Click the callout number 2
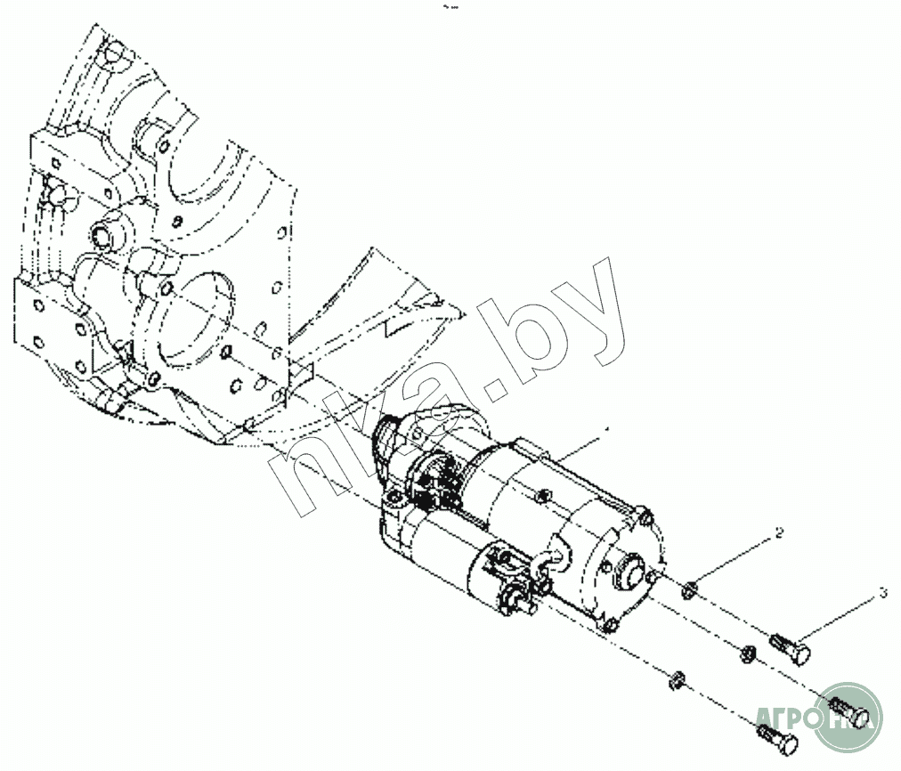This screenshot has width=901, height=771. [x=779, y=533]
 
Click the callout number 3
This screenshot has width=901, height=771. [x=882, y=592]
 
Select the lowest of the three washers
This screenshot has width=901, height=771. [x=678, y=684]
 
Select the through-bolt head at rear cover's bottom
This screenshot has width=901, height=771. [x=608, y=625]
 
